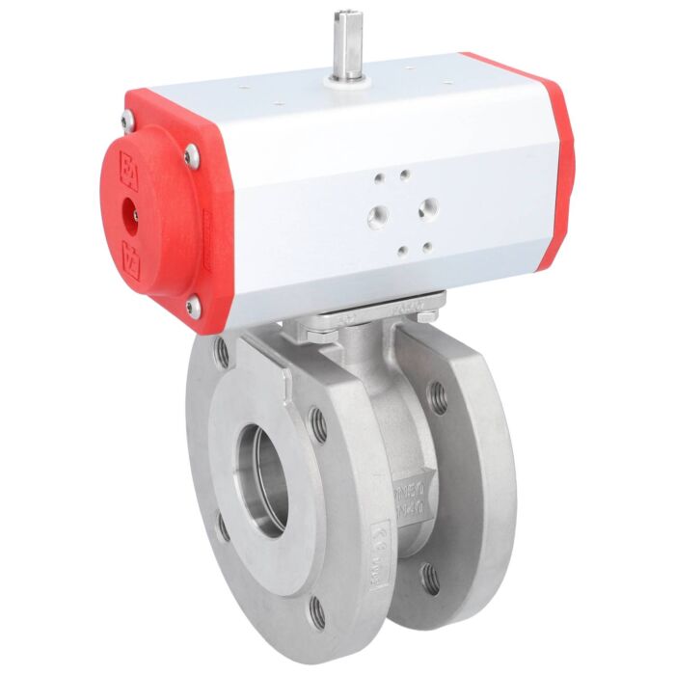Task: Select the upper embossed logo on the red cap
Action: [x=125, y=169]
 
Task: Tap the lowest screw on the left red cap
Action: [x=193, y=308]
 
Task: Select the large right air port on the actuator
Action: [x=427, y=206]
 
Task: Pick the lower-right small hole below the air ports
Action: [x=425, y=248]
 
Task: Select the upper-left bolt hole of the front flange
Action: [x=223, y=351]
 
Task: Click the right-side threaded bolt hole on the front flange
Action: [x=318, y=422]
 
